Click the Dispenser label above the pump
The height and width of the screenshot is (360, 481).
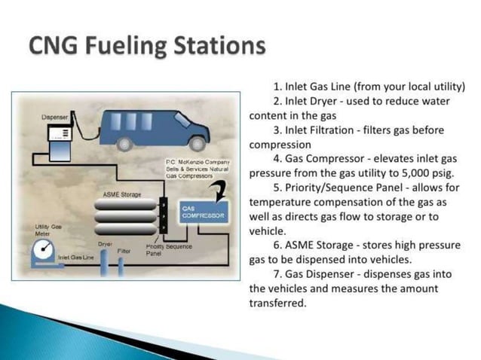pos(55,117)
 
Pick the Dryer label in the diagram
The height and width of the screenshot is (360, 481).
pos(106,244)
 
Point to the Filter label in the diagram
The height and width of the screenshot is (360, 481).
pos(124,249)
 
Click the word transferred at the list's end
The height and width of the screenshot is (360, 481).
pos(277,304)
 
